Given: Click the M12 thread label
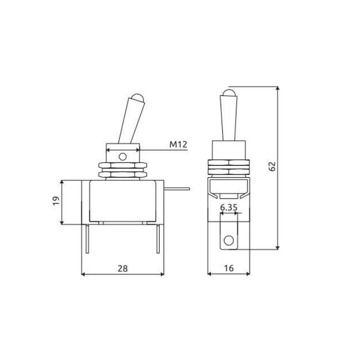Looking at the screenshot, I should click(178, 144).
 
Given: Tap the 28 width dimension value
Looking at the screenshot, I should click(123, 268).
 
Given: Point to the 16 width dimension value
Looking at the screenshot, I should click(229, 268).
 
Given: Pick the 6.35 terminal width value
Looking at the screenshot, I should click(229, 207).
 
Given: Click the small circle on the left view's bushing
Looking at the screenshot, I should click(122, 156).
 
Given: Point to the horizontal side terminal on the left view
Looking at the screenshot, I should click(177, 189).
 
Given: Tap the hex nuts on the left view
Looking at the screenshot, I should click(122, 169).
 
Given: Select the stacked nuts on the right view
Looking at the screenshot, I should click(228, 167).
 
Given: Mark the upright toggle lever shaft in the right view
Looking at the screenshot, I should click(228, 118).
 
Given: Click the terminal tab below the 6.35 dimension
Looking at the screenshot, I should click(228, 232).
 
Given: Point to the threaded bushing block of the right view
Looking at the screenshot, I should click(228, 150).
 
